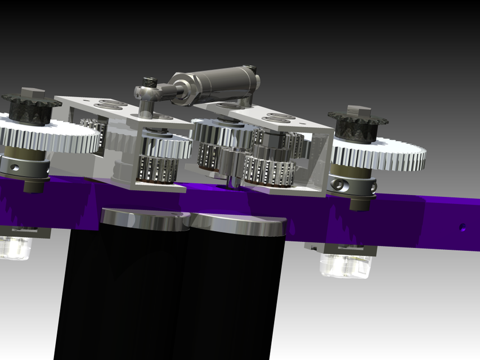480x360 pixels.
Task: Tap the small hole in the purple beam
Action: click(x=462, y=227)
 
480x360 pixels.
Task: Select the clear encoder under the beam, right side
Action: click(x=344, y=264)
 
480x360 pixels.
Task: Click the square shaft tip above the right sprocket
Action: click(x=358, y=110)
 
